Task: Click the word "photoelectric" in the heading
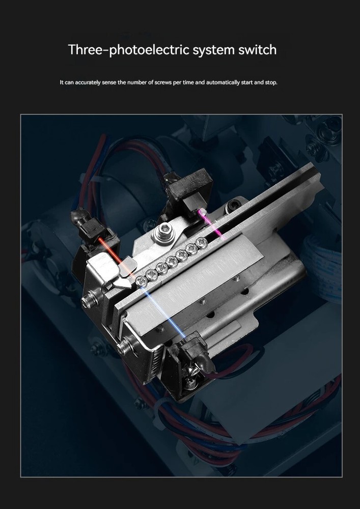pos(149,50)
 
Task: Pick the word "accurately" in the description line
pos(88,82)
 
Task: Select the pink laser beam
pos(211,224)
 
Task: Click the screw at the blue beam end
pos(142,281)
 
